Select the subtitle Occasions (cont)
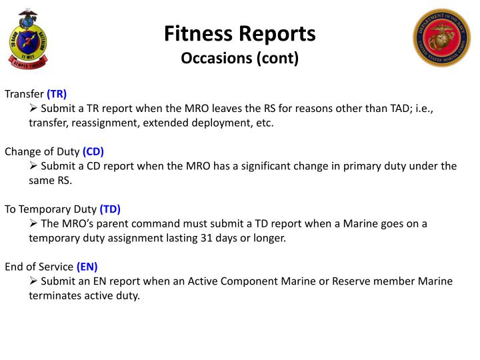pos(240,58)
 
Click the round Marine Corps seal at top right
pos(441,37)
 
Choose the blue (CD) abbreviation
pos(93,151)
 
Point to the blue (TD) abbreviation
pos(110,209)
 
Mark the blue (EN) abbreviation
pos(87,267)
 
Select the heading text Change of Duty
pos(42,151)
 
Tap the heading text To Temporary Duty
pos(51,209)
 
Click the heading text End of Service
pos(39,267)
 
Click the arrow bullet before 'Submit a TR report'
pos(33,108)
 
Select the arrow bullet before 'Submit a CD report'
pos(33,166)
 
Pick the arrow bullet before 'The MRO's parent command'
pos(33,223)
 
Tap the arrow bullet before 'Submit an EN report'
pos(33,281)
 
